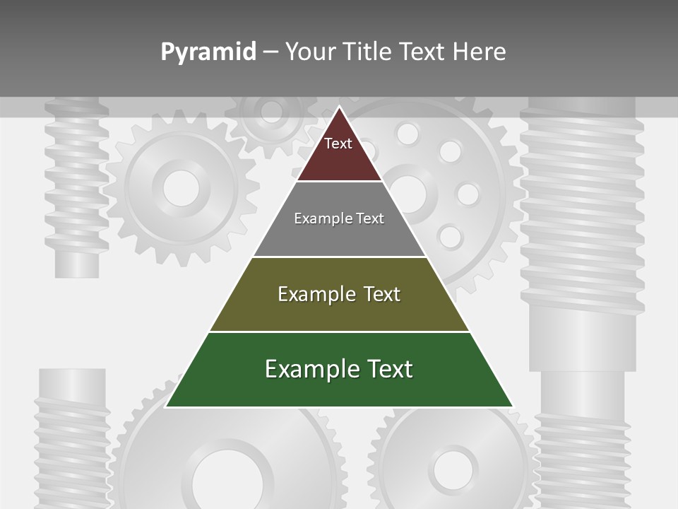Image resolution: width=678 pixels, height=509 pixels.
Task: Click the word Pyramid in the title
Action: click(208, 52)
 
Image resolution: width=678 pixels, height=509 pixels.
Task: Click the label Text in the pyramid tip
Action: click(338, 144)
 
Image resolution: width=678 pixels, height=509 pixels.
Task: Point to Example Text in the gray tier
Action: click(339, 218)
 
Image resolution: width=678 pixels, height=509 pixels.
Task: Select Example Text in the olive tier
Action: click(339, 294)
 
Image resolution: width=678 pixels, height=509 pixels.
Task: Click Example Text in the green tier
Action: click(339, 369)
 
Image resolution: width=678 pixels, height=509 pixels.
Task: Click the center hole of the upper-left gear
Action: click(181, 187)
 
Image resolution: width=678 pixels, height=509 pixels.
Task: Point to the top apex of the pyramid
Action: click(339, 107)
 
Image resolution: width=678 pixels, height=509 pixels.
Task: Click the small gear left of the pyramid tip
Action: click(270, 113)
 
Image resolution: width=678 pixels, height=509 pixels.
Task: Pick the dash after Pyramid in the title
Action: click(270, 52)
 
